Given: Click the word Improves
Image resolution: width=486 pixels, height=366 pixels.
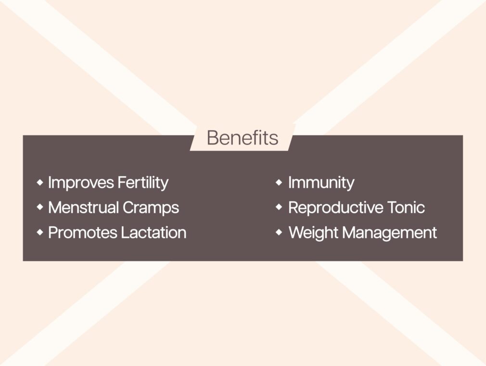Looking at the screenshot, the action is pyautogui.click(x=81, y=183).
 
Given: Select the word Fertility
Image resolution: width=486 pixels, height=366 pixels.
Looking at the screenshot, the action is pyautogui.click(x=143, y=183).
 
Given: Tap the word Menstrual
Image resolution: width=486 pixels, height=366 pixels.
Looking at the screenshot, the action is pyautogui.click(x=83, y=207).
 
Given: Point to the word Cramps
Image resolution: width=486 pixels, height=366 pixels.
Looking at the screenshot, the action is pyautogui.click(x=151, y=208).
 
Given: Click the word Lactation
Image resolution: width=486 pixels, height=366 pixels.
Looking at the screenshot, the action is pyautogui.click(x=153, y=233).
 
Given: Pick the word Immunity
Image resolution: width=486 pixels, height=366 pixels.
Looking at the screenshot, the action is pyautogui.click(x=321, y=183).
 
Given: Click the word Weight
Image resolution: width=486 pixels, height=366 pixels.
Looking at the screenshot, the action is pyautogui.click(x=313, y=233).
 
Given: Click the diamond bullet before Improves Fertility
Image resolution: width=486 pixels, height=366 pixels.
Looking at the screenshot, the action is pyautogui.click(x=40, y=182).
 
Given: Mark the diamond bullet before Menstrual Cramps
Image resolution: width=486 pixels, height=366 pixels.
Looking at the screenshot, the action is pyautogui.click(x=40, y=207).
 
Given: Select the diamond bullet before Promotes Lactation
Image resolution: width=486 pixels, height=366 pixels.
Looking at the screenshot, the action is pyautogui.click(x=40, y=232).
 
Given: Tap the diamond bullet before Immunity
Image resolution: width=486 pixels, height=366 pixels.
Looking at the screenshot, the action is pyautogui.click(x=279, y=182).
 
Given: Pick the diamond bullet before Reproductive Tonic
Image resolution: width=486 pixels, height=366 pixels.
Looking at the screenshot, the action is pyautogui.click(x=279, y=207).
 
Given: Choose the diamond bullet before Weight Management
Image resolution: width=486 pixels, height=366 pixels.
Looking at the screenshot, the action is pyautogui.click(x=279, y=232).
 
